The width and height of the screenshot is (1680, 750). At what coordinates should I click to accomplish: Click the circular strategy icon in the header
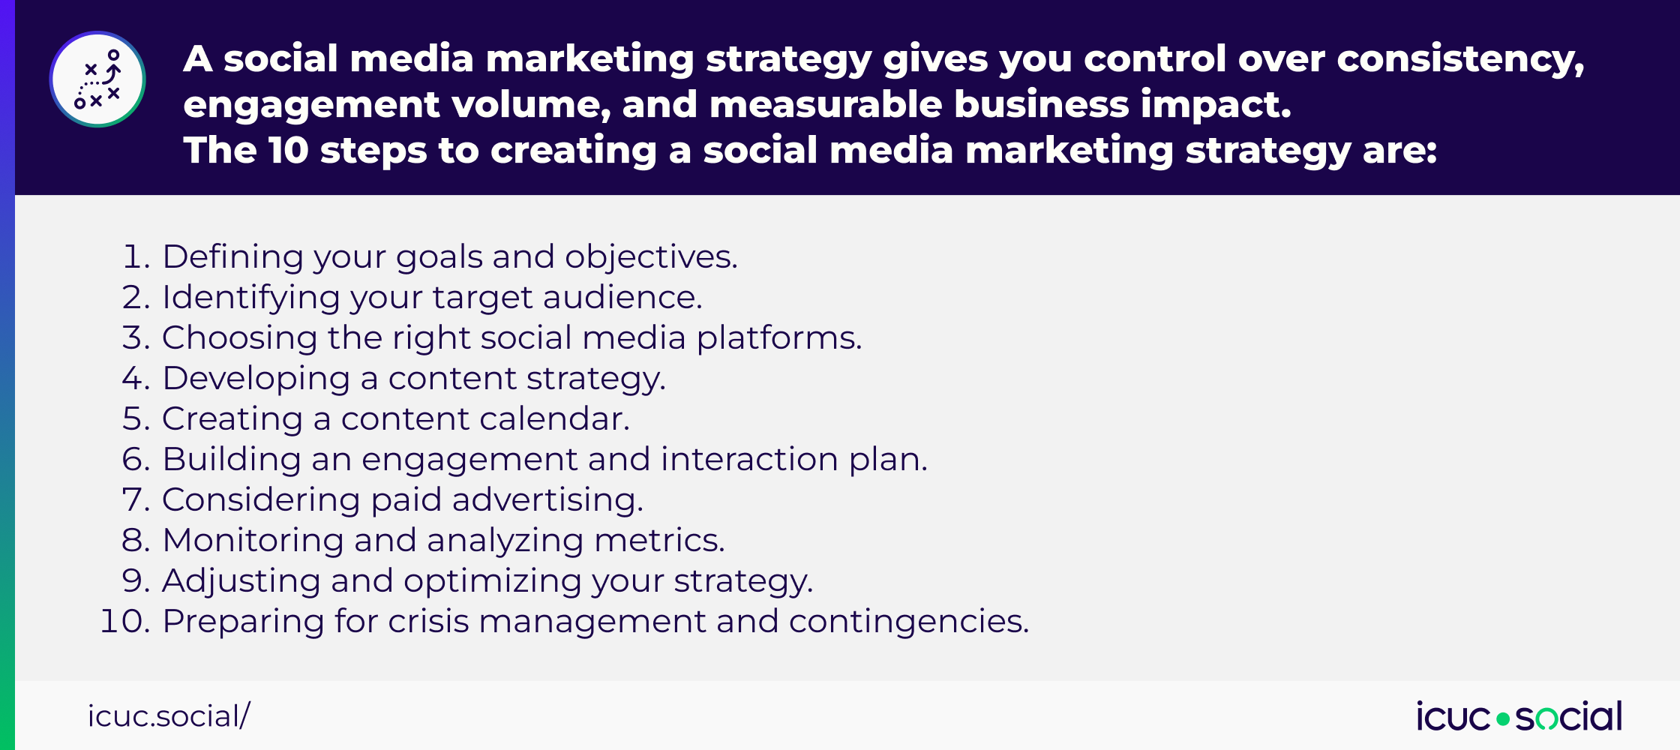(97, 79)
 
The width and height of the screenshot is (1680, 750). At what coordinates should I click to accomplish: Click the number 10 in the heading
(288, 150)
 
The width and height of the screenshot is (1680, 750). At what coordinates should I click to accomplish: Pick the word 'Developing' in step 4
(256, 379)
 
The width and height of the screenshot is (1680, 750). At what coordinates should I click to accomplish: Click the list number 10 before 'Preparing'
(121, 622)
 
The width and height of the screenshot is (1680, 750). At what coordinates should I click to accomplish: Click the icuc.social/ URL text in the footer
(169, 716)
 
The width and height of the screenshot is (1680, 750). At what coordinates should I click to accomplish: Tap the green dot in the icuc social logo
(1503, 719)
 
